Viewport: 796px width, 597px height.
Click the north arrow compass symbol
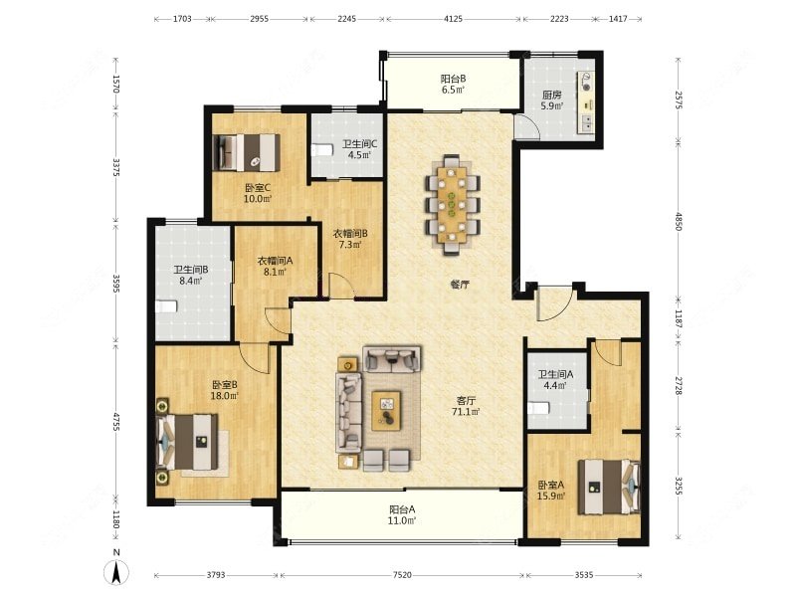pos(116,573)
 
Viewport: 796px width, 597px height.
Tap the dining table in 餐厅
pos(453,204)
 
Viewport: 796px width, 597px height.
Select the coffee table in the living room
pos(386,410)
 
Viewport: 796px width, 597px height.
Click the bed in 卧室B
pos(187,441)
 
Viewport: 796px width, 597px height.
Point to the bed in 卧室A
pos(609,487)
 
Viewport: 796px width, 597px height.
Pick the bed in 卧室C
pos(246,153)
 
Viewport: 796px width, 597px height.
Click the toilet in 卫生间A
pos(538,408)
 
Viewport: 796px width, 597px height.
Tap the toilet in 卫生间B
pos(166,306)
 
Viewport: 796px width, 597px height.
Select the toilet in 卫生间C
pos(321,150)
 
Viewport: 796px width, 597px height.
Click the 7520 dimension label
pos(402,575)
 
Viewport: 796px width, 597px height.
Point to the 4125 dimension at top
pos(454,19)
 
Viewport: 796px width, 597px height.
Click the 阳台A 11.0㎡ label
pos(403,514)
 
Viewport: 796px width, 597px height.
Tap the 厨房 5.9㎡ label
pos(551,100)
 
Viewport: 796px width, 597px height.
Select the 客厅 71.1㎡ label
pos(466,406)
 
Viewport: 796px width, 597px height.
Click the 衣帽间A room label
pos(276,261)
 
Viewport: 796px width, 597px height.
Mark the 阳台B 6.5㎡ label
pos(453,84)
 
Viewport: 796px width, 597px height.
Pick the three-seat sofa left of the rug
pos(349,412)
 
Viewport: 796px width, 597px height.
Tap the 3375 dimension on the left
pos(116,168)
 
